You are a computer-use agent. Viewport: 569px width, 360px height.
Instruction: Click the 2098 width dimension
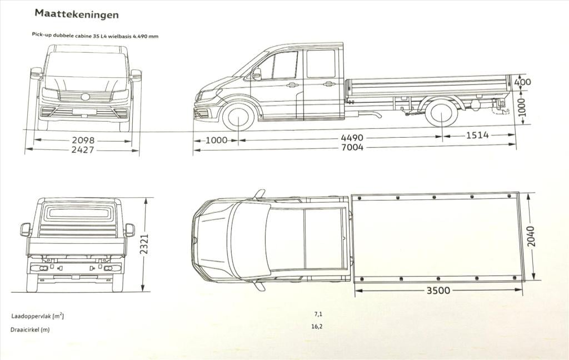coord(82,140)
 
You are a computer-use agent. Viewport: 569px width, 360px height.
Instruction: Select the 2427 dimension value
coord(82,149)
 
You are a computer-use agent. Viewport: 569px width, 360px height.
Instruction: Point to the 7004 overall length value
coord(352,147)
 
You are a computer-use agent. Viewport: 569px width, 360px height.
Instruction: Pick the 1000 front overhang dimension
coord(216,140)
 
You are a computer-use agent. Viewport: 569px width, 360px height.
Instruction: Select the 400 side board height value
coord(523,82)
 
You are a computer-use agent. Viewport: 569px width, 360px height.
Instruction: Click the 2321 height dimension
coord(145,244)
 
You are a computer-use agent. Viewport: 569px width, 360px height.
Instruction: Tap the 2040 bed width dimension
coord(532,236)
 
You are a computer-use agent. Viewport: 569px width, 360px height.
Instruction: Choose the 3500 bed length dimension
coord(438,291)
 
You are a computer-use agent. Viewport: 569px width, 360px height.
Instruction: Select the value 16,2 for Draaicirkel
coord(317,326)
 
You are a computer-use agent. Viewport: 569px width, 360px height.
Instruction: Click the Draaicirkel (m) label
coord(29,329)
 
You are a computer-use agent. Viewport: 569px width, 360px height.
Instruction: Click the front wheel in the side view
coord(238,117)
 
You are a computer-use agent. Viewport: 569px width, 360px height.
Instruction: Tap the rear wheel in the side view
coord(441,113)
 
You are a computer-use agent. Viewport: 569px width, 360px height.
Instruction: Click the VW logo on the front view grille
coord(85,97)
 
